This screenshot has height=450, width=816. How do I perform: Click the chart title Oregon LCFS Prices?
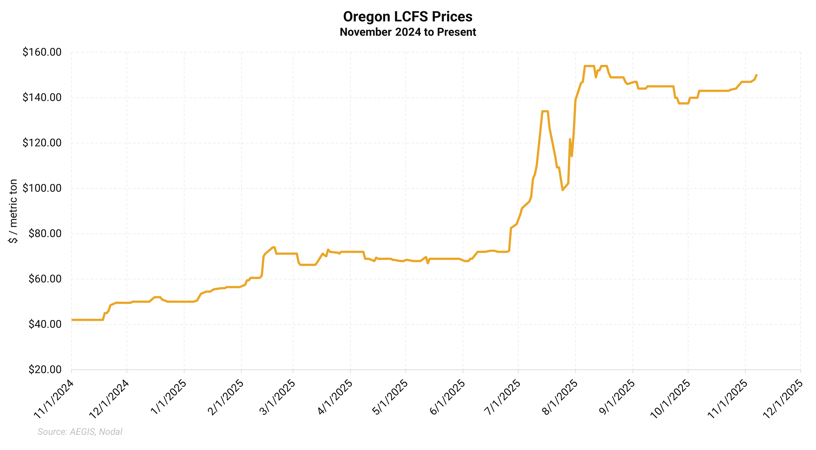point(408,17)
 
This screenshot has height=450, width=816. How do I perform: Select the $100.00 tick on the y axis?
point(42,188)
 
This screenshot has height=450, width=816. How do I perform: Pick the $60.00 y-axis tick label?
point(45,279)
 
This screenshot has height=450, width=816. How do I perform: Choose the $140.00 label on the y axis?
point(42,97)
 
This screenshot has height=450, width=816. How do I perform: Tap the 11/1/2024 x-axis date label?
point(54,400)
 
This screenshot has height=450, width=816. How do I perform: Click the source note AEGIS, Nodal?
point(80,432)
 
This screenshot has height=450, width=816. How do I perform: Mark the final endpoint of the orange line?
point(756,75)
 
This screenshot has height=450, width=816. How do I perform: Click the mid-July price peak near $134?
point(545,111)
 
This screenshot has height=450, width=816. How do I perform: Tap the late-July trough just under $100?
point(563,190)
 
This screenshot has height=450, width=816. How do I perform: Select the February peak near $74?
point(273,247)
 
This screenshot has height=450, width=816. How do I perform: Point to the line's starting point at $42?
point(72,320)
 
